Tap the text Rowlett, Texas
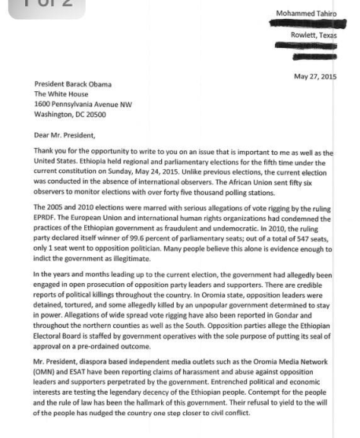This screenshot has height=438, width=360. click(312, 35)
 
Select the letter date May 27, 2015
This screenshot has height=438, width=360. click(314, 76)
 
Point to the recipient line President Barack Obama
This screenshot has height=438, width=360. click(73, 84)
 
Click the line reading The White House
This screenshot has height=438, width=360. click(60, 94)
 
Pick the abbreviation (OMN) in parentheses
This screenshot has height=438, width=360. click(46, 378)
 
